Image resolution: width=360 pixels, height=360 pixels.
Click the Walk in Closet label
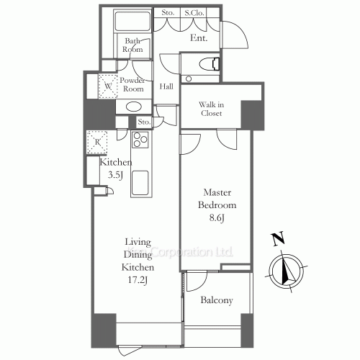click(x=211, y=109)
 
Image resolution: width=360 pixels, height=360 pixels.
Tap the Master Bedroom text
click(x=217, y=199)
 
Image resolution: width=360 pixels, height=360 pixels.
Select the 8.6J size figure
click(x=217, y=218)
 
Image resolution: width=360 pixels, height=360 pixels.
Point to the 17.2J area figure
click(x=138, y=280)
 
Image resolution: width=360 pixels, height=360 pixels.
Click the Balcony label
click(x=217, y=300)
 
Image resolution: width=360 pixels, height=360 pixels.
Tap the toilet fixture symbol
click(x=210, y=64)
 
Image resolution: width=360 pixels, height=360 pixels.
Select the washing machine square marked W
click(x=108, y=86)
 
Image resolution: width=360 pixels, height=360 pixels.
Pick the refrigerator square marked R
click(x=97, y=142)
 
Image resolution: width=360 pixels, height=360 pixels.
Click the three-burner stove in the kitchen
click(x=140, y=140)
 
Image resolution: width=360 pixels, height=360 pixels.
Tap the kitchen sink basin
click(x=140, y=182)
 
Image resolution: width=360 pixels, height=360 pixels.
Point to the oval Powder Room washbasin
click(x=134, y=107)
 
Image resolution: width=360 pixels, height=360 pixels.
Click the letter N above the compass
click(x=278, y=239)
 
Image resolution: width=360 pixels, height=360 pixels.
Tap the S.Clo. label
click(x=194, y=13)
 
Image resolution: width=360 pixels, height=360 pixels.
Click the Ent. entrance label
click(x=199, y=38)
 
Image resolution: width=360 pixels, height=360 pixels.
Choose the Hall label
click(x=166, y=86)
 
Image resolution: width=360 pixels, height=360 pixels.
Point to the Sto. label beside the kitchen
click(x=144, y=122)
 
